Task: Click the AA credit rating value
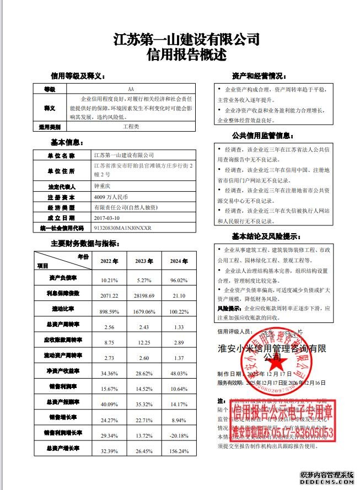(x=131, y=89)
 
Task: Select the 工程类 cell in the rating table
(x=131, y=126)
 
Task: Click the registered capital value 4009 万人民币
(x=112, y=197)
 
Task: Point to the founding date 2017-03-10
(x=108, y=217)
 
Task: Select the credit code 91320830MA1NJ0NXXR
(x=123, y=228)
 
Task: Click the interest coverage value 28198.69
(x=143, y=296)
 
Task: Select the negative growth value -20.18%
(x=179, y=435)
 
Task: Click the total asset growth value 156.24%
(x=179, y=451)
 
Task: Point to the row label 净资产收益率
(x=62, y=371)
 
